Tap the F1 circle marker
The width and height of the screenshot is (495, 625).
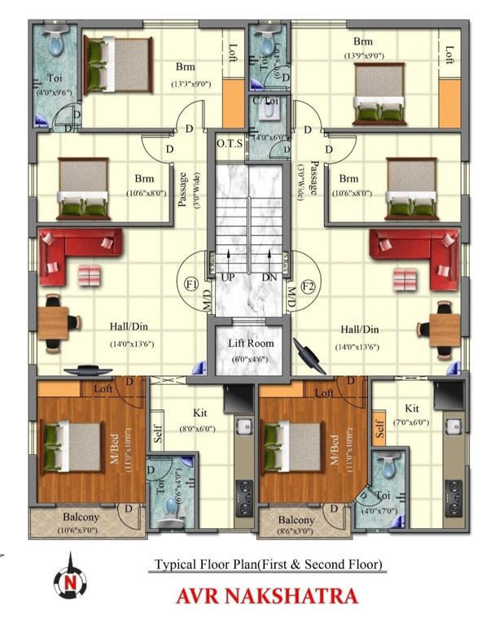192,286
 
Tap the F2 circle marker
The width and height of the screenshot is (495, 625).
309,286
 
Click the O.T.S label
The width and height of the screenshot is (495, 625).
230,144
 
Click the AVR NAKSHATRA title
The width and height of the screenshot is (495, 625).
267,596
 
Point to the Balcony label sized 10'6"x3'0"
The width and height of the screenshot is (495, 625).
81,517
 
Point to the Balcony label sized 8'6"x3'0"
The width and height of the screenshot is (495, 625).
296,520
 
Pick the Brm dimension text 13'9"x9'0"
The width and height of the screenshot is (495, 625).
362,55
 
